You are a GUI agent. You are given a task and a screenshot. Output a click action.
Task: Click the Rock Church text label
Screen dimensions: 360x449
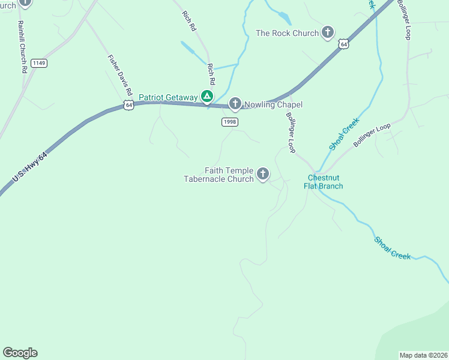point(288,33)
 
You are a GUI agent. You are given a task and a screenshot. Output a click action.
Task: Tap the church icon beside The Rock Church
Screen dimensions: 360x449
point(327,32)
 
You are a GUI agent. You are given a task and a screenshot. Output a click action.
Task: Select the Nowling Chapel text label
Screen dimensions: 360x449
point(277,104)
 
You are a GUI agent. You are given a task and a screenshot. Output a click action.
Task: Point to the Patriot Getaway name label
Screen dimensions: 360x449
point(168,97)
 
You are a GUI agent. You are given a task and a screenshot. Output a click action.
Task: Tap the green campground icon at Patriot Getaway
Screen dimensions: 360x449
point(206,96)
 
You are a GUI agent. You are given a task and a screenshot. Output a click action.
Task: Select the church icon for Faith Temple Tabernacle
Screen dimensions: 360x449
point(262,174)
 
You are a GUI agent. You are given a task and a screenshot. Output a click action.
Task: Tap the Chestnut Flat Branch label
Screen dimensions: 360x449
point(325,181)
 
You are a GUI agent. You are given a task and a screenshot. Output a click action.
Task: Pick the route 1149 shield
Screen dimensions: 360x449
point(39,63)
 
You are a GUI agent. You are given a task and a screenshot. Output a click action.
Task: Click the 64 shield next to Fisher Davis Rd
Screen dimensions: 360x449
point(129,105)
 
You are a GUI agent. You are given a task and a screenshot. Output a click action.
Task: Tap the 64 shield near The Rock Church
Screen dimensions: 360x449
point(343,44)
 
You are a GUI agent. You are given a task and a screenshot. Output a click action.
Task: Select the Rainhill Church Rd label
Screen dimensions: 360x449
point(22,47)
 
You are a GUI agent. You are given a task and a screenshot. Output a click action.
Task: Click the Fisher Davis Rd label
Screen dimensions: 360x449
point(119,76)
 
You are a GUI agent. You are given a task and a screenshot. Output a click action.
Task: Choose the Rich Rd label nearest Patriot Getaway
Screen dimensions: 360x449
point(211,74)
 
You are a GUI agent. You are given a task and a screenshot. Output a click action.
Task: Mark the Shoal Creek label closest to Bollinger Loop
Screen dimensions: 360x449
point(344,134)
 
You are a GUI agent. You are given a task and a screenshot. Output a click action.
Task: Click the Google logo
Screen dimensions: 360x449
point(20,353)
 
